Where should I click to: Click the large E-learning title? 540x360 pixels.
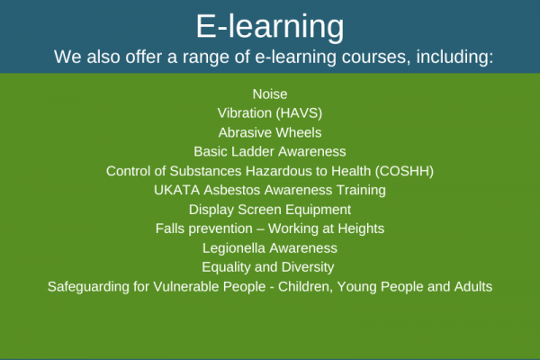270,27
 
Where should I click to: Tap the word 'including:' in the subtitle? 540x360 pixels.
454,58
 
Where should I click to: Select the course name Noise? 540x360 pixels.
270,94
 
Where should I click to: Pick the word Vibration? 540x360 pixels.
245,113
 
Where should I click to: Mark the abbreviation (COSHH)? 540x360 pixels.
404,171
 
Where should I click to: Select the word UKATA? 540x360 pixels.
177,190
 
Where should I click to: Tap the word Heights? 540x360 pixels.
361,229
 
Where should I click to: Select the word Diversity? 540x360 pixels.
308,267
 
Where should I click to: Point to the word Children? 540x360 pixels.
305,286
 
